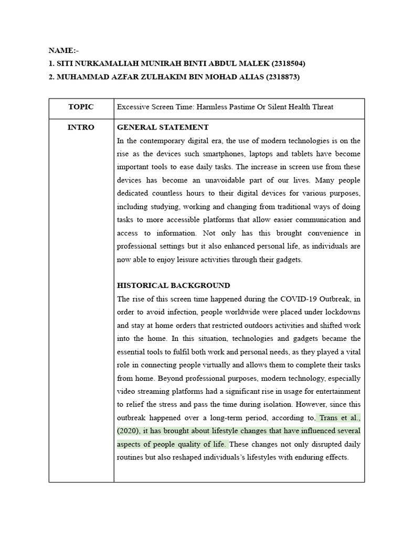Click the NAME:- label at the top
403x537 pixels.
tap(63, 51)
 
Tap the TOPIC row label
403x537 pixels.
tap(81, 107)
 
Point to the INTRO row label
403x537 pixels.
tap(81, 127)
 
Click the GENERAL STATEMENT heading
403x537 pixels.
tap(163, 127)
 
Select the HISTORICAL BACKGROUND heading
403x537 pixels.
tap(173, 286)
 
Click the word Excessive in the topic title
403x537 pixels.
tap(133, 107)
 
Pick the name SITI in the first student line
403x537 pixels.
tap(67, 64)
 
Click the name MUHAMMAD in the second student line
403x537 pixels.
tap(81, 77)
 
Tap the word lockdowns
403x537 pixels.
tap(342, 312)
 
